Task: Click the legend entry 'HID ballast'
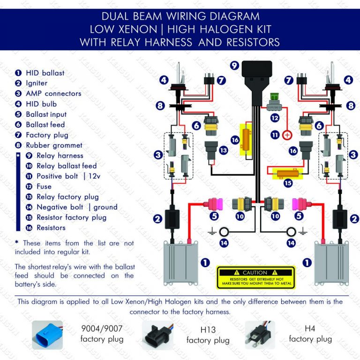(x=45, y=73)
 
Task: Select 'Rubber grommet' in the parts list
(x=54, y=145)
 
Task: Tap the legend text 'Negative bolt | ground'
(x=77, y=207)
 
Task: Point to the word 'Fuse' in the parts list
(x=45, y=187)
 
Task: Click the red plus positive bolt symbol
(x=287, y=135)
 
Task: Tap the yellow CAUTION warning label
(x=255, y=277)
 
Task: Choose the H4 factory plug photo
(x=260, y=334)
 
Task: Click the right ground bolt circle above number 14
(x=292, y=232)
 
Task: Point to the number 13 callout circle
(x=224, y=150)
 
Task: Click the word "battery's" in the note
(x=31, y=285)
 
